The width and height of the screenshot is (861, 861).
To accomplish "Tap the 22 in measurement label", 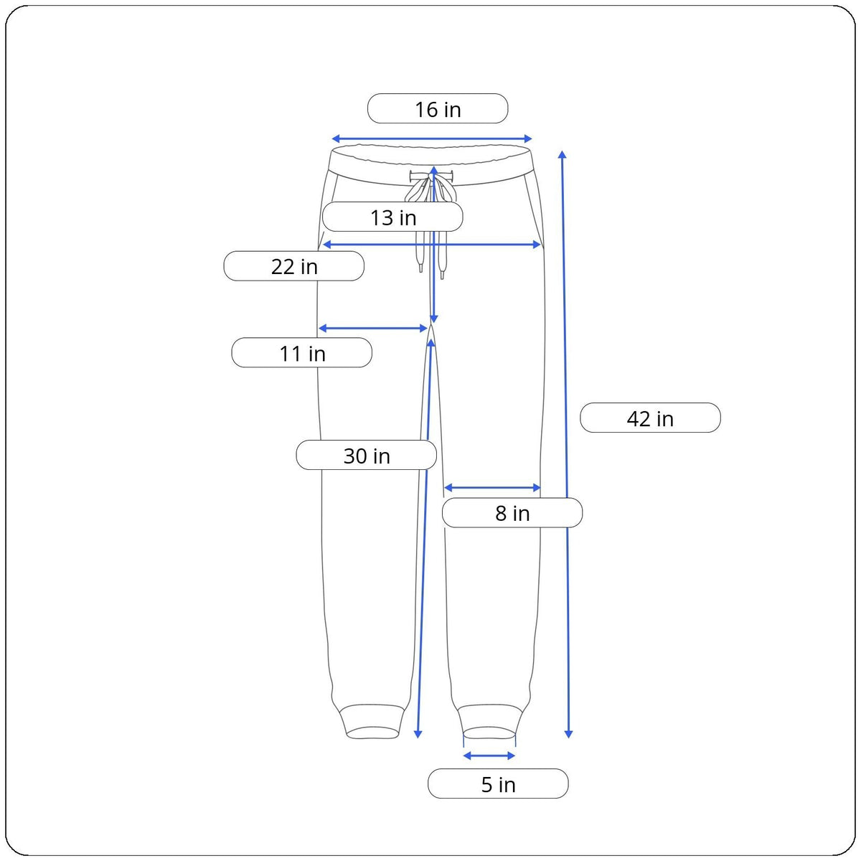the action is (293, 266).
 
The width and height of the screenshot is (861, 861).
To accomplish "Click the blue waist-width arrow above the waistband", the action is (432, 138).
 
